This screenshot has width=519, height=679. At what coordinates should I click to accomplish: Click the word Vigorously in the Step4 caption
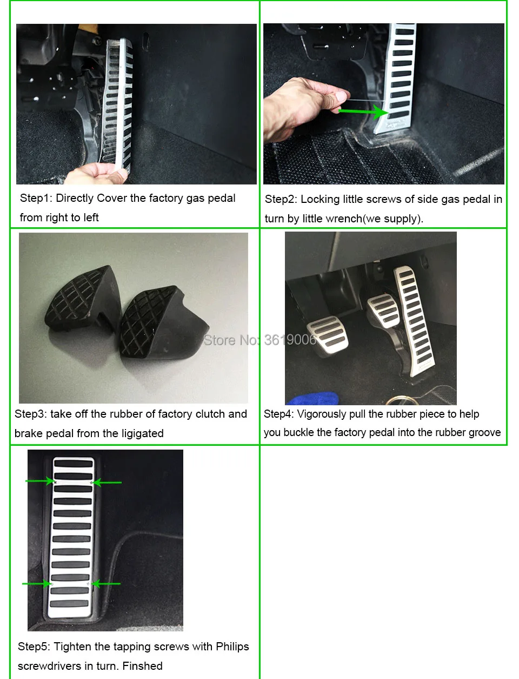click(322, 414)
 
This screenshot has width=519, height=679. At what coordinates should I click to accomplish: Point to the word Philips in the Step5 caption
click(232, 647)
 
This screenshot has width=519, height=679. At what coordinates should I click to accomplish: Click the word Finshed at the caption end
click(142, 665)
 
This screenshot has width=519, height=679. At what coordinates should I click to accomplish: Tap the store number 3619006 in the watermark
click(290, 340)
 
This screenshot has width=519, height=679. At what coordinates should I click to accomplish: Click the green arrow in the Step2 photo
click(363, 111)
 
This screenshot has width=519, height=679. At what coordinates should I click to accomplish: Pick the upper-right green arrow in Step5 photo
click(107, 482)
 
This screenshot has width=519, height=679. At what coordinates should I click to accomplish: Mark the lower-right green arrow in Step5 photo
click(106, 584)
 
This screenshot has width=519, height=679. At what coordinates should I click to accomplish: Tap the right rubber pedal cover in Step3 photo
click(162, 323)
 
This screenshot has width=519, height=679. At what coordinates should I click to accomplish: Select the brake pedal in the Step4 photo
click(384, 311)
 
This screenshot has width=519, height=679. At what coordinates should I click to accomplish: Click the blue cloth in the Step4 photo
click(312, 398)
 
